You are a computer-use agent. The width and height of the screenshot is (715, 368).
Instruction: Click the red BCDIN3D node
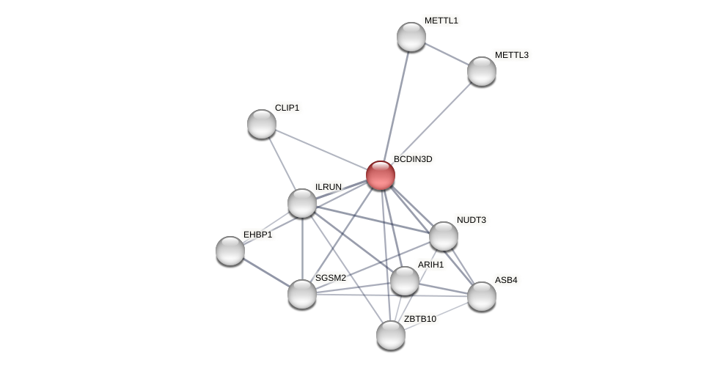click(381, 175)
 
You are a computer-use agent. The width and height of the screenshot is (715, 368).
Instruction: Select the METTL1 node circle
click(411, 37)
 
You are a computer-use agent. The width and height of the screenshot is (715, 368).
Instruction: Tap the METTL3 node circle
click(482, 71)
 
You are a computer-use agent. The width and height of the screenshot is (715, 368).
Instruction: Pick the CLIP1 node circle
click(262, 124)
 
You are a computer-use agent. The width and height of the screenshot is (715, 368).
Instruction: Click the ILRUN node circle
click(302, 203)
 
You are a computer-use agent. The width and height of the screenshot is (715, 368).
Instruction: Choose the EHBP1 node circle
click(230, 251)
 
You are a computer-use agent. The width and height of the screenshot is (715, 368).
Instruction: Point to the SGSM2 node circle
click(302, 294)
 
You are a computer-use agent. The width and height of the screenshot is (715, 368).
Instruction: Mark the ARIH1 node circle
click(405, 281)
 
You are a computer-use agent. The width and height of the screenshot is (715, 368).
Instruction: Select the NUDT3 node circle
click(444, 236)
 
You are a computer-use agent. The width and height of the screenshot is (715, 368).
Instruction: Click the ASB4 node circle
click(482, 296)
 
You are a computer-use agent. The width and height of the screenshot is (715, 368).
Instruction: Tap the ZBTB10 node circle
click(391, 335)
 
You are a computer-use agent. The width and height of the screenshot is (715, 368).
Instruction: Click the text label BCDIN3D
click(413, 159)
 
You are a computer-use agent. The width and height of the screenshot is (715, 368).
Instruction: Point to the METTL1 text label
click(441, 21)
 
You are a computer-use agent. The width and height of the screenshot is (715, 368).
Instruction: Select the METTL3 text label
click(511, 55)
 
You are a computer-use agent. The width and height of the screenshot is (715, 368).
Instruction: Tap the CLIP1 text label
click(287, 108)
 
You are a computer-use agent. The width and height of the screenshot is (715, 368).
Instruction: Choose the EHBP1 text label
click(257, 235)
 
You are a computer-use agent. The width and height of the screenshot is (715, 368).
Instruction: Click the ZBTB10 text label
click(420, 319)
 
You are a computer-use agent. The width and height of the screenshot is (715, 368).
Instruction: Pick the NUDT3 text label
click(471, 220)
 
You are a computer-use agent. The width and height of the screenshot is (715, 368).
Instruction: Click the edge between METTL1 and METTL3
click(447, 54)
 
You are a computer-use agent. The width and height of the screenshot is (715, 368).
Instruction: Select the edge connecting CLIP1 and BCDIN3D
click(321, 150)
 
